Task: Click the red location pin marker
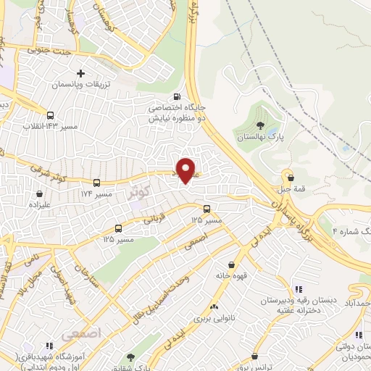click(x=187, y=170)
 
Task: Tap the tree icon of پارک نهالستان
click(x=259, y=125)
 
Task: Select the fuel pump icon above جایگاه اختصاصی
click(x=177, y=97)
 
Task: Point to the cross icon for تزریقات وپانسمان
click(x=80, y=73)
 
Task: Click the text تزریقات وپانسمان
click(x=80, y=85)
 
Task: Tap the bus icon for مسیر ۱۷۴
click(x=97, y=183)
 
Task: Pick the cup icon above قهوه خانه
click(x=231, y=264)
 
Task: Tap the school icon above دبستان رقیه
click(x=298, y=289)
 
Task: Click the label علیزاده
click(x=37, y=205)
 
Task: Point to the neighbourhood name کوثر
click(x=138, y=193)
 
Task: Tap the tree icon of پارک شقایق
click(x=130, y=357)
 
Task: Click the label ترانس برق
click(x=255, y=367)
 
